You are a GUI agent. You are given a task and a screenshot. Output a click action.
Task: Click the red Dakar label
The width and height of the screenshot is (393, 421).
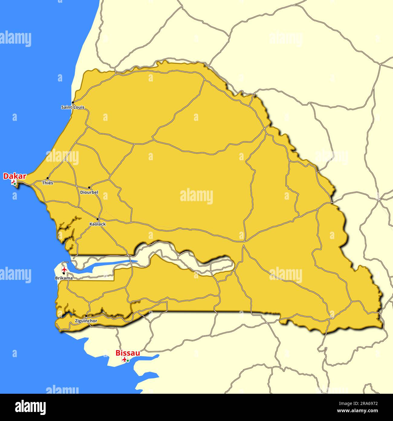pos(15,176)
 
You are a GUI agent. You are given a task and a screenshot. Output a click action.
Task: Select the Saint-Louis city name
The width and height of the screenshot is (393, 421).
pos(73,107)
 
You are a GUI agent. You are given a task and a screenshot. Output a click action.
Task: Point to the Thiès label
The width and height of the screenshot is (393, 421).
pos(47,183)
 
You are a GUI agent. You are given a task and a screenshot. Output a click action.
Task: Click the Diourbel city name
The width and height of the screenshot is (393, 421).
pos(89,192)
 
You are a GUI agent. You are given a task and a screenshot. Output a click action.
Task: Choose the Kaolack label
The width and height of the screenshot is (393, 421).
pos(98,224)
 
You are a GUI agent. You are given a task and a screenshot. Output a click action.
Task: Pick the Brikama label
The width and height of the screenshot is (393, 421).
pos(64,278)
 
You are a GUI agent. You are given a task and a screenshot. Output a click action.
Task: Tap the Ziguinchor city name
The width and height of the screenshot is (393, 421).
pos(86,321)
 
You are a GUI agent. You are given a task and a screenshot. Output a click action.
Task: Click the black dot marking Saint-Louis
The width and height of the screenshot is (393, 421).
pos(73,102)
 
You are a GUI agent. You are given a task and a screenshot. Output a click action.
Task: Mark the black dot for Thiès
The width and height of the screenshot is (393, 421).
pos(47,178)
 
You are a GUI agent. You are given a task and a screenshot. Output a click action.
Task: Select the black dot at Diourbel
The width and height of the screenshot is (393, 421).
pos(89,188)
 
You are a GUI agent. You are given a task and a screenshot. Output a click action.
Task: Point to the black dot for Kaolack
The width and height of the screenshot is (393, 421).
pos(98,219)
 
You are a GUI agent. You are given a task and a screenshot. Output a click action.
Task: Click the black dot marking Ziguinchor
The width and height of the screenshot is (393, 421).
pos(86,316)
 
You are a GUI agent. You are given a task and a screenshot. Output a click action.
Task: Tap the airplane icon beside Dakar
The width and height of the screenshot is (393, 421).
pos(13,182)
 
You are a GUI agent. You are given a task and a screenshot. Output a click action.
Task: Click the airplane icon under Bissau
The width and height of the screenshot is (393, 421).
pos(124,360)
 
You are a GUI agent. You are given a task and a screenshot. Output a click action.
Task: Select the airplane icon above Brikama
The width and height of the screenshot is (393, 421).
pos(64,269)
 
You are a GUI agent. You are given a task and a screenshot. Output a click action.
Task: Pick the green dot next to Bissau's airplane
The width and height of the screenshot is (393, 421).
pos(128,360)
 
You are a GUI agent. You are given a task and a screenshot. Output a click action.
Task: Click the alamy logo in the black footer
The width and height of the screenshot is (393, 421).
pos(30,407)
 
